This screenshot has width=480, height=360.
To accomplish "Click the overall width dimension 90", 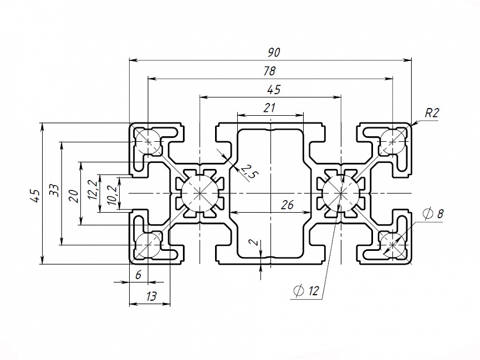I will [274, 53].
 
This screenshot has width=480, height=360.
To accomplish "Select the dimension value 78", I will [270, 71].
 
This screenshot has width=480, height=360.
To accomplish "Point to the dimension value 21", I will [270, 108].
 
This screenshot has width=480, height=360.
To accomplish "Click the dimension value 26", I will [287, 205].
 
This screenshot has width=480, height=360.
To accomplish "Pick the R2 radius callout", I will [432, 114].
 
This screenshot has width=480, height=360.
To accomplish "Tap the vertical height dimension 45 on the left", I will [35, 194].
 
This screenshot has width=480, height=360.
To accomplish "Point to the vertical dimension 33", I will [54, 190].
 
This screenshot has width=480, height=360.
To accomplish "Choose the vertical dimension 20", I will [73, 195].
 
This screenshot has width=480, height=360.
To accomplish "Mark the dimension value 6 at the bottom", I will [138, 275].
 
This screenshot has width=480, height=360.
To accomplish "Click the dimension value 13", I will [150, 296].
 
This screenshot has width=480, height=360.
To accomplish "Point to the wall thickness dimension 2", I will [253, 243].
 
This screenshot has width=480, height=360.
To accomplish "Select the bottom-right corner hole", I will [392, 243].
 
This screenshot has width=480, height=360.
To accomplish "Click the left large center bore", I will [199, 193].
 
